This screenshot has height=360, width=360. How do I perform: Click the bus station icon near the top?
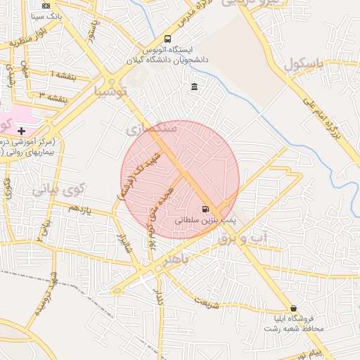pyautogui.click(x=168, y=39)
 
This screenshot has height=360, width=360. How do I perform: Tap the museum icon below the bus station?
pyautogui.click(x=194, y=86)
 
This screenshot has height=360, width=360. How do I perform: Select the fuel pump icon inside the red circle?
pyautogui.click(x=205, y=209)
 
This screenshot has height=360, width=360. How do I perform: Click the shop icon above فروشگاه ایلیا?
pyautogui.click(x=293, y=308)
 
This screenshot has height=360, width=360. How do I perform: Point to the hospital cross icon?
pyautogui.click(x=22, y=131)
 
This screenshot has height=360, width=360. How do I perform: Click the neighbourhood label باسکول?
pyautogui.click(x=304, y=65)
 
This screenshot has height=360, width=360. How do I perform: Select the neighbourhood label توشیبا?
pyautogui.click(x=111, y=91)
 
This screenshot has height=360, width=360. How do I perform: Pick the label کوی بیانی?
pyautogui.click(x=58, y=188)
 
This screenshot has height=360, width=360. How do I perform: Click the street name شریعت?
pyautogui.click(x=207, y=302)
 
